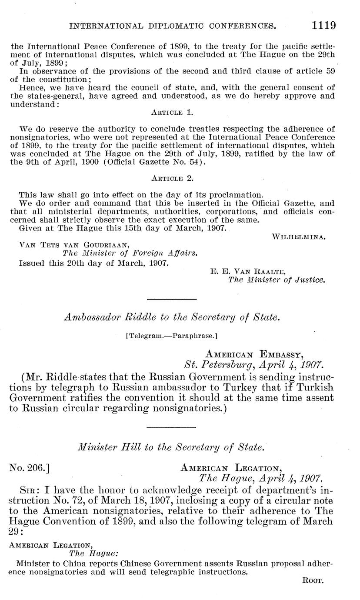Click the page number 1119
point(323,25)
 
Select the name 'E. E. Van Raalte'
point(247,272)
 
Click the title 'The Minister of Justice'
point(277,280)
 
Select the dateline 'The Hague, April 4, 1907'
point(260,479)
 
